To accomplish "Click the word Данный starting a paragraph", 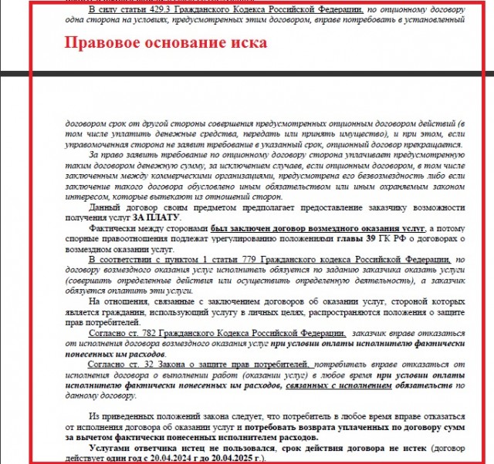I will tap(108, 209).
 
